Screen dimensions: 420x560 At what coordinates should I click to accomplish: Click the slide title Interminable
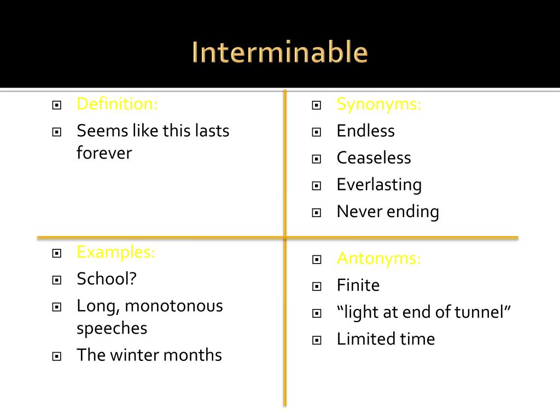coord(280,52)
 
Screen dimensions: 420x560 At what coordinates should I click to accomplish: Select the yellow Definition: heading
coord(117,103)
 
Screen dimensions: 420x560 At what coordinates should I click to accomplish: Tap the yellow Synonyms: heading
coord(379,103)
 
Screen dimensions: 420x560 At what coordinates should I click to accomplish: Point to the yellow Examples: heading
coord(116,252)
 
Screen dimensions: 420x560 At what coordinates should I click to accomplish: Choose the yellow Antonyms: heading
coord(379,258)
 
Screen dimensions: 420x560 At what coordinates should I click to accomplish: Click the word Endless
coord(365,131)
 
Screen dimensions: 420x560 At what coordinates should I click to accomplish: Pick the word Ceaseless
coord(374,157)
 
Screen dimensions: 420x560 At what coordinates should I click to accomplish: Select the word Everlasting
coord(379,185)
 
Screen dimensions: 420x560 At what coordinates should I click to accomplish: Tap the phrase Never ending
coord(388,212)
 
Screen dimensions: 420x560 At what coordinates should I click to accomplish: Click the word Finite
coord(358,285)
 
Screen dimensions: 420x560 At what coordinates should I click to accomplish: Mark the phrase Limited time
coord(386,339)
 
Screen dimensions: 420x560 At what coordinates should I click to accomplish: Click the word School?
coord(107,279)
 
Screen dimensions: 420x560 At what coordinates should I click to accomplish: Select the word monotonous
coord(174,306)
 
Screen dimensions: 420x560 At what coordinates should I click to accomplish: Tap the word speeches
coord(112,328)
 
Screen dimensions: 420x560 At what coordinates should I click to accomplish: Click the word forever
coord(104,153)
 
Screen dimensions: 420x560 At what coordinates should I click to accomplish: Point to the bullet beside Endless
coord(316,132)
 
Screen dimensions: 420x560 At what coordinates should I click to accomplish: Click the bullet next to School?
coord(56,280)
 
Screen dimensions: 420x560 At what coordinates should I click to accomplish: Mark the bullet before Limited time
coord(316,340)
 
